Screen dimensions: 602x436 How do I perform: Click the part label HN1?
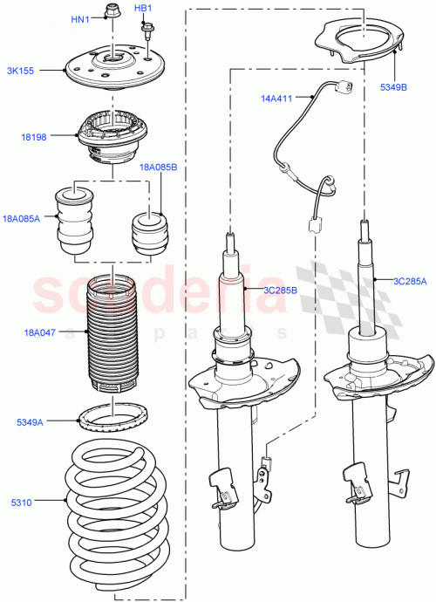[79, 18]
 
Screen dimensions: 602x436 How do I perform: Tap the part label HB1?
[143, 9]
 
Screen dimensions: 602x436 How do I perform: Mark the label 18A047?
[40, 332]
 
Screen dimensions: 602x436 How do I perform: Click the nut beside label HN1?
[111, 12]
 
